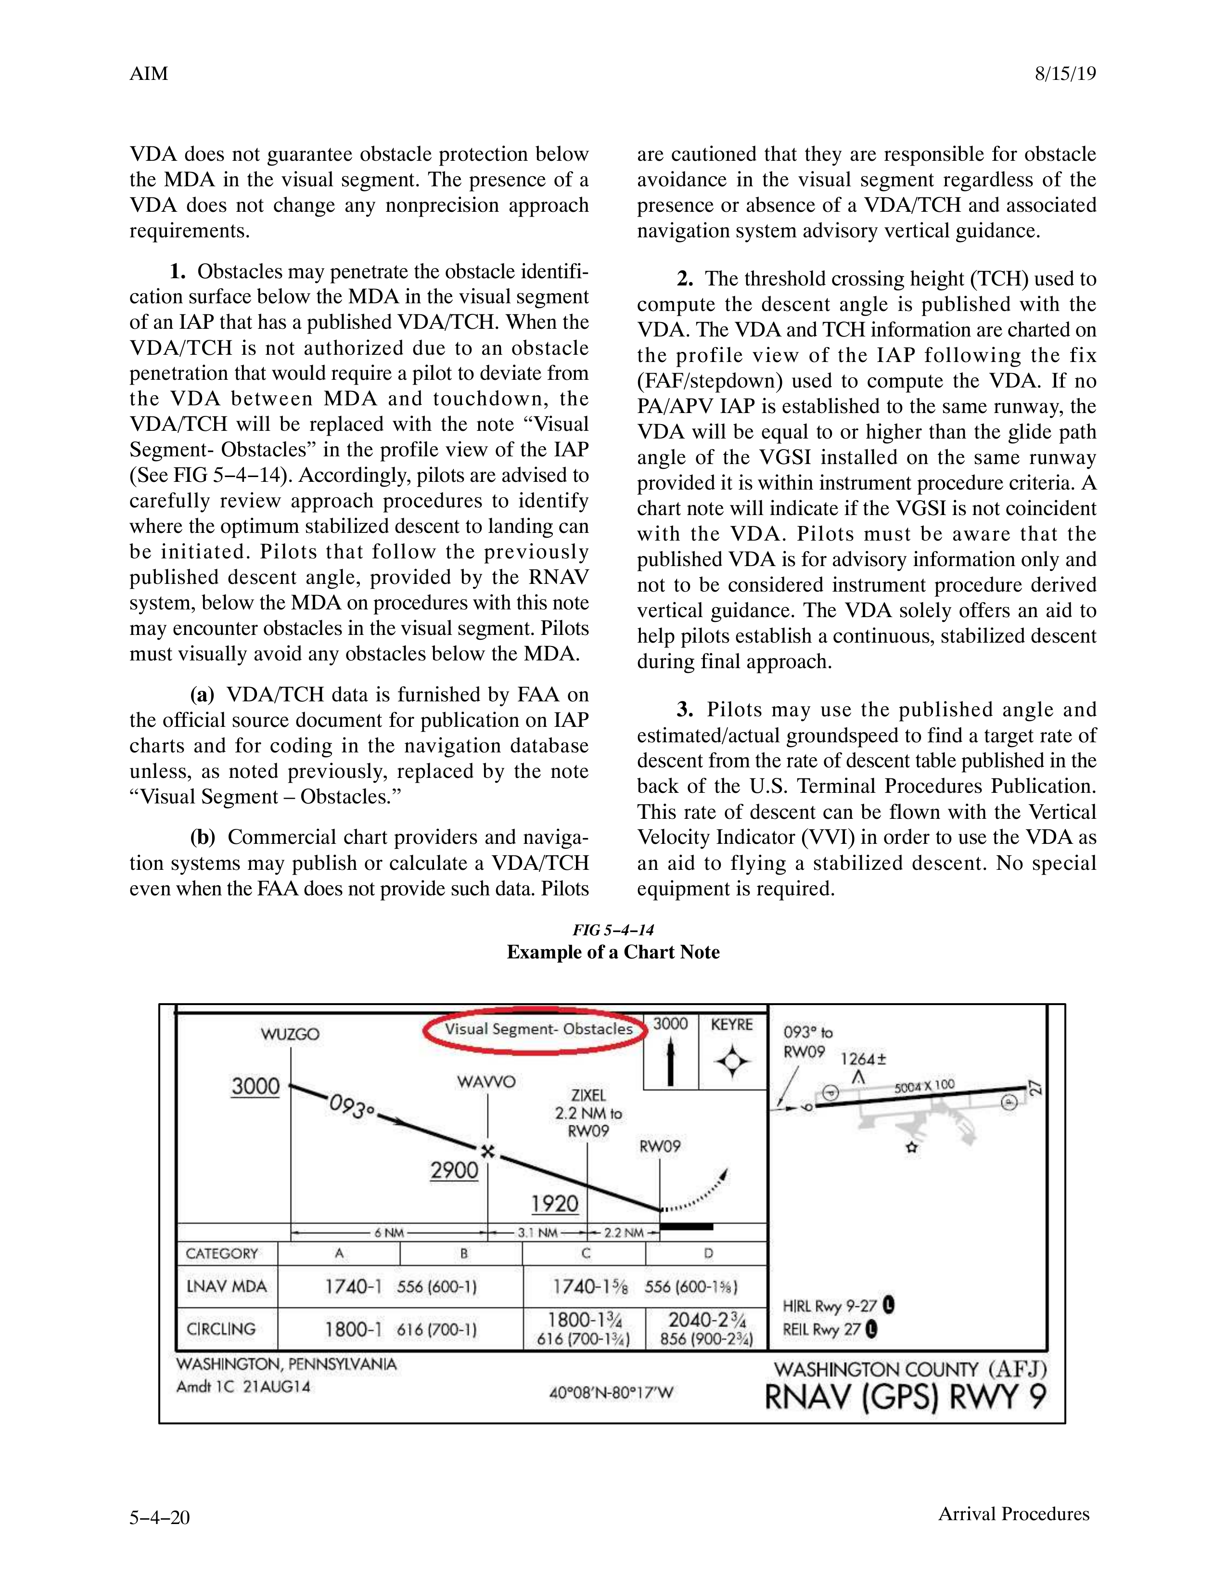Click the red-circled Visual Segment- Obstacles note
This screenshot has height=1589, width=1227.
pyautogui.click(x=538, y=1029)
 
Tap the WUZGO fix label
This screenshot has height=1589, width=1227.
pyautogui.click(x=290, y=1034)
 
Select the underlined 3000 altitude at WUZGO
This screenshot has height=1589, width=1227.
pyautogui.click(x=256, y=1086)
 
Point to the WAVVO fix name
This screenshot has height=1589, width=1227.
pyautogui.click(x=486, y=1082)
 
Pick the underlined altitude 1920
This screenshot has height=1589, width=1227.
pyautogui.click(x=554, y=1204)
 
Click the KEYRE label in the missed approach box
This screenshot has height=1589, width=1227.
pyautogui.click(x=732, y=1024)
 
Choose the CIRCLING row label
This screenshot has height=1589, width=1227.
pyautogui.click(x=221, y=1329)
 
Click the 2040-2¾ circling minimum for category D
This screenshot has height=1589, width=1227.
pyautogui.click(x=706, y=1320)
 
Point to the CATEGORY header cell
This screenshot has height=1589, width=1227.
pyautogui.click(x=222, y=1253)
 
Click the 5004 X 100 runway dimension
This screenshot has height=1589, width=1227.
pyautogui.click(x=924, y=1086)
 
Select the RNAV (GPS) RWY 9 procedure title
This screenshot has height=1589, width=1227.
pyautogui.click(x=906, y=1397)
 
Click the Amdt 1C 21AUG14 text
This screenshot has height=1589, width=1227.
pyautogui.click(x=243, y=1387)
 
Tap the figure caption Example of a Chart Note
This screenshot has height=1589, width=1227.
pyautogui.click(x=613, y=952)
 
